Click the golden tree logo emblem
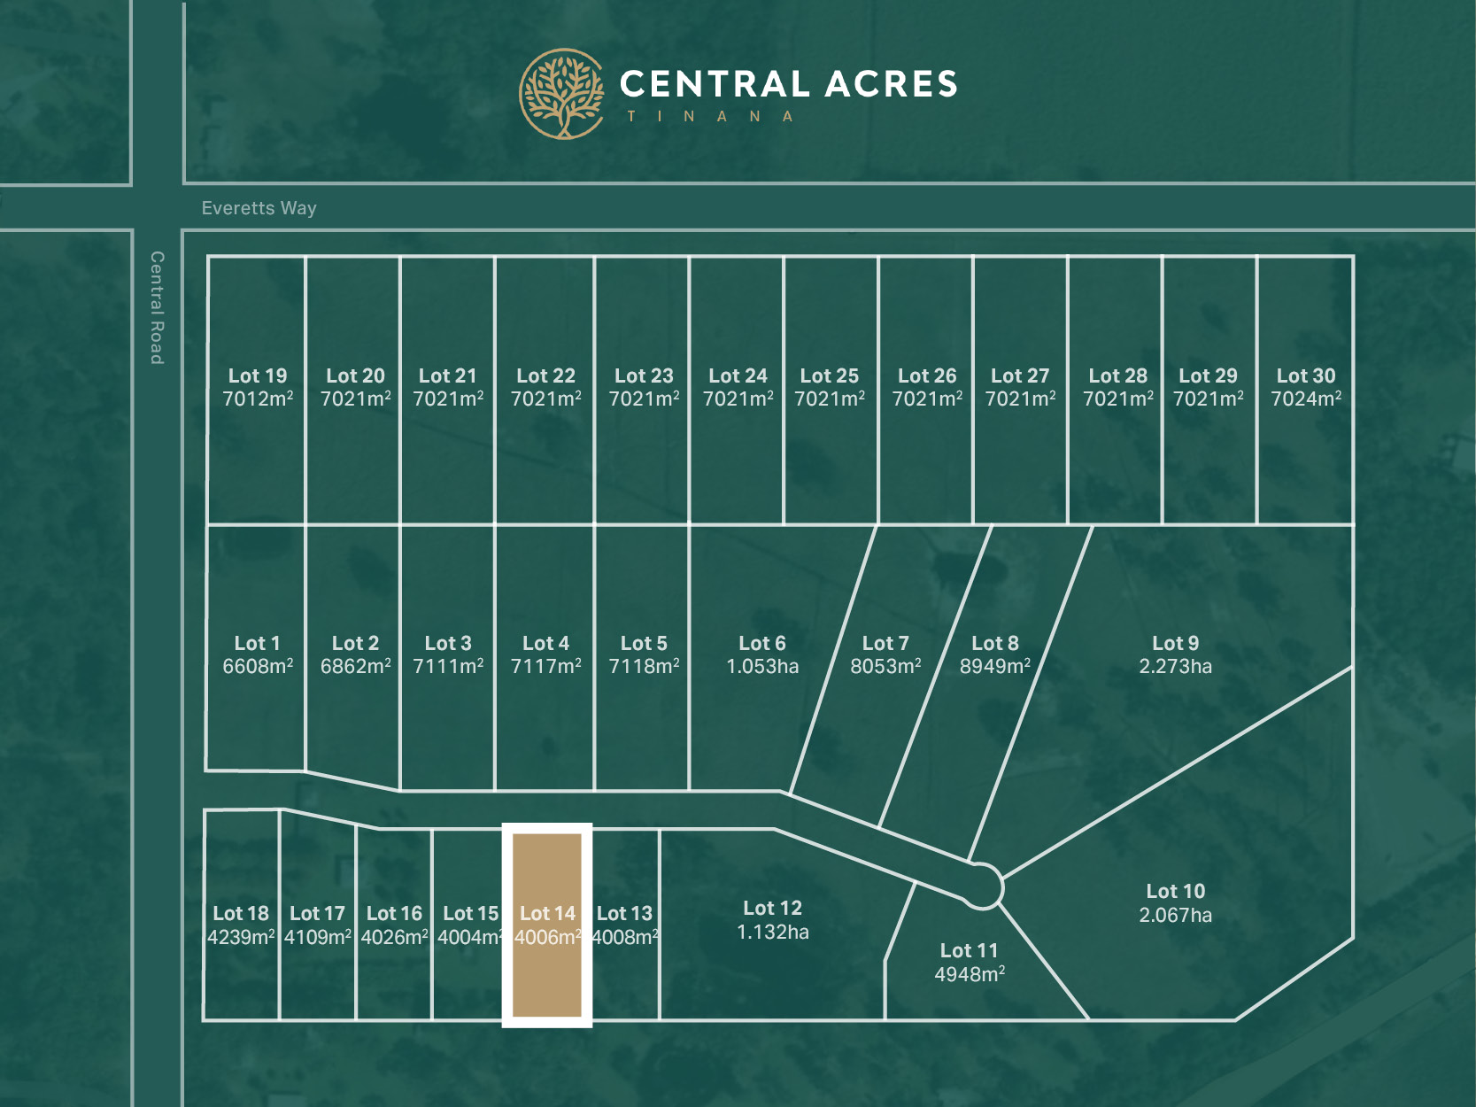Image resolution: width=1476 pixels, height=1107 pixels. point(561,94)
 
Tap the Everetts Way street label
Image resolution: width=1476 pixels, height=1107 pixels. point(259,208)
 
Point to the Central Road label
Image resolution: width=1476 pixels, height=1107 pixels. point(157,307)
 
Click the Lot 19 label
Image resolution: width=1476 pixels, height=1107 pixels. point(258,375)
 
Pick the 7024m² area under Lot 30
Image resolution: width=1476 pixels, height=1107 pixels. point(1306,399)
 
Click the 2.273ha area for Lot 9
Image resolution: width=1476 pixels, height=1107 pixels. point(1175,667)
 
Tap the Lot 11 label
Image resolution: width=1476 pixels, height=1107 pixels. point(969,950)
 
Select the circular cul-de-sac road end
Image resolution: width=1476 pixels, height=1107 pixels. point(982,886)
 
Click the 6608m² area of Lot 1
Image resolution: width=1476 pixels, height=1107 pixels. point(258,667)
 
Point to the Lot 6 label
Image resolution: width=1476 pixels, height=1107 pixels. point(762,643)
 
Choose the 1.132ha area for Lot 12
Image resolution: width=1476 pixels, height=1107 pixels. point(773,932)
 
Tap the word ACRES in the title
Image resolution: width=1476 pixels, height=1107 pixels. point(891,84)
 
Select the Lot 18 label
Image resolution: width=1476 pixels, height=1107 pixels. point(241,913)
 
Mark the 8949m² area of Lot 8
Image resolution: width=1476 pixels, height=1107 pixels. point(995,667)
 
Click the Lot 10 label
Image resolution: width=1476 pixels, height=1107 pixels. point(1175,891)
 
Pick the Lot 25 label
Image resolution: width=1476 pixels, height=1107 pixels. point(830,375)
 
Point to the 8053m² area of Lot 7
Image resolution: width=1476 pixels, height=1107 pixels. point(885,667)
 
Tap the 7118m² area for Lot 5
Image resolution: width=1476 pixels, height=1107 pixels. point(644,667)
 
